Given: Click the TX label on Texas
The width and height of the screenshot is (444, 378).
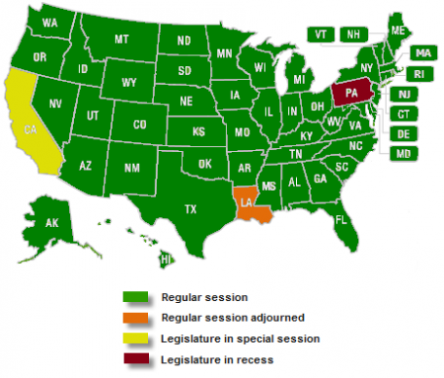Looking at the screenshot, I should pos(191,208).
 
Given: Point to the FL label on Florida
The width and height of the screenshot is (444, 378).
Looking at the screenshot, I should pos(340,219).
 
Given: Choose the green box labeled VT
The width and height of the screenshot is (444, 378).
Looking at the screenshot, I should pos(321,34).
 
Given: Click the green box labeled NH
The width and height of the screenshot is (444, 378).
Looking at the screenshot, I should pos(352,34).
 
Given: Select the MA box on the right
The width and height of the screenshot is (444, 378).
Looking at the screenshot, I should pos(423,52).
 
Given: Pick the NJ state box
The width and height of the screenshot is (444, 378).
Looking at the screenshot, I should pos(404,94).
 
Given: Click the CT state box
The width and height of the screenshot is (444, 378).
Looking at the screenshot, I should pos(404,113).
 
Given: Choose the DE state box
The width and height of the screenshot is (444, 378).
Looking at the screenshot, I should pos(404,133).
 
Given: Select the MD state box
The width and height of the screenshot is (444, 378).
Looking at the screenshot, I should pos(404,153).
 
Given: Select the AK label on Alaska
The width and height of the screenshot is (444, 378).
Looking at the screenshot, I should pos(51,224).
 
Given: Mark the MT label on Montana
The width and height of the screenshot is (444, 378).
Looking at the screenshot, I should pos(122,39).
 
